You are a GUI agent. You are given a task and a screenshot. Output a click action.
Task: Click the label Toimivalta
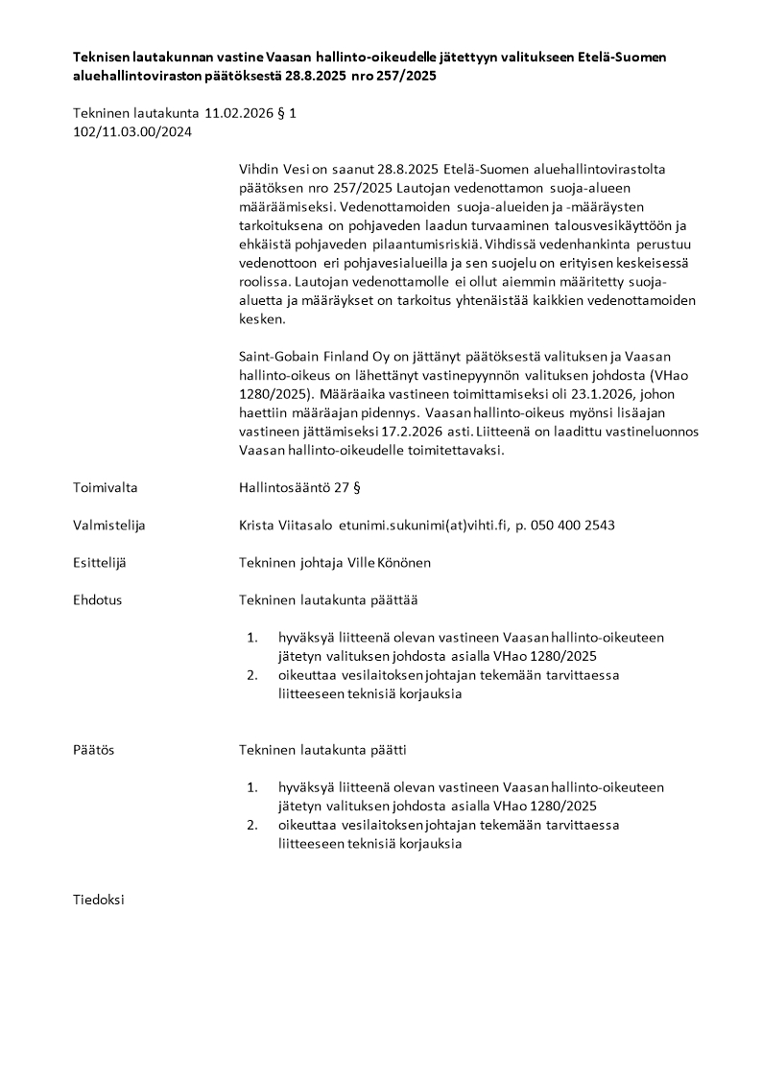tap(105, 487)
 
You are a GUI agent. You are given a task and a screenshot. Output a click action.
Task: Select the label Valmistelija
tap(108, 525)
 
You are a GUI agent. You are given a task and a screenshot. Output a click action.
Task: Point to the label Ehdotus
tap(97, 599)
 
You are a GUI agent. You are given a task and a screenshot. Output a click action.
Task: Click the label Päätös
tap(93, 749)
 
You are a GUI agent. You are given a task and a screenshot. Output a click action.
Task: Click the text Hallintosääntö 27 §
tap(299, 487)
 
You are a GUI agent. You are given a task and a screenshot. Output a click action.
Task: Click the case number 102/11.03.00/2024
tap(132, 131)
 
